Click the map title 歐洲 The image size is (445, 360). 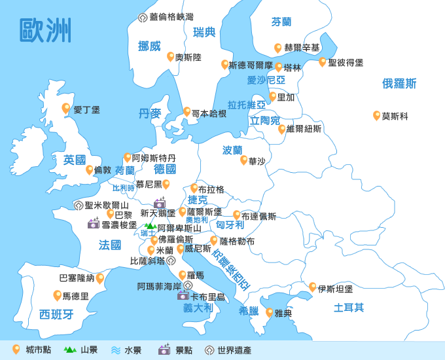[x=45, y=30]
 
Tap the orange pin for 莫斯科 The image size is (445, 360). [x=377, y=115]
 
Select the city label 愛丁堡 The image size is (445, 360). [x=86, y=110]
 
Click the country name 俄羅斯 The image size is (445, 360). [x=399, y=83]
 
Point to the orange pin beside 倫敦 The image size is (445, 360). [x=90, y=170]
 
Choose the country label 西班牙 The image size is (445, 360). [x=56, y=314]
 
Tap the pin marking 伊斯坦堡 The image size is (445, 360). [x=313, y=287]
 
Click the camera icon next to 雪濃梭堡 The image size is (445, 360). [x=94, y=224]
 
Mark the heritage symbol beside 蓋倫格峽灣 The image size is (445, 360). [x=143, y=17]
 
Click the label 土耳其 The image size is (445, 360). [x=349, y=308]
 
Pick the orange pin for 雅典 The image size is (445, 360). [x=269, y=312]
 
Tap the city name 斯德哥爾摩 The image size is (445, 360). [x=251, y=65]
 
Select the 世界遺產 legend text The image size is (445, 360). [x=234, y=350]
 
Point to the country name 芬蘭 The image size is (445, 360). [x=281, y=22]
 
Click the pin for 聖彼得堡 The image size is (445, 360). [x=322, y=62]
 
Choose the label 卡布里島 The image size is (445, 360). [x=207, y=297]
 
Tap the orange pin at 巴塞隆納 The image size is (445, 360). [x=100, y=278]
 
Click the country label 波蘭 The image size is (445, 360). [x=232, y=150]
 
